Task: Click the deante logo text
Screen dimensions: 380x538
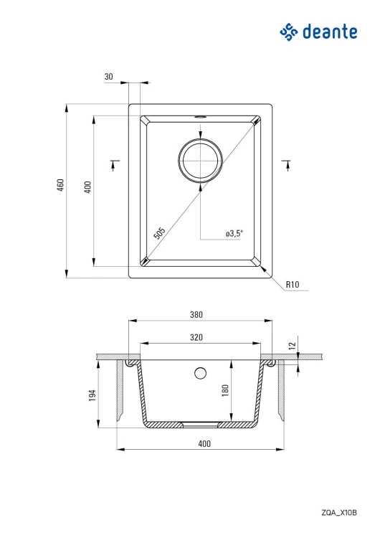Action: tap(330, 32)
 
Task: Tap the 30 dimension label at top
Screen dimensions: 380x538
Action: tap(109, 77)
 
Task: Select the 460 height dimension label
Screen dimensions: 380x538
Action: tap(60, 185)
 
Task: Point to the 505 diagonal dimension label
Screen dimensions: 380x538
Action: tap(159, 233)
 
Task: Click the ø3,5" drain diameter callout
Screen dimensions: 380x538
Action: tap(234, 234)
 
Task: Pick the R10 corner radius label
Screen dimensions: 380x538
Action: tap(293, 285)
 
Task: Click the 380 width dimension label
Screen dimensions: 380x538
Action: tap(196, 315)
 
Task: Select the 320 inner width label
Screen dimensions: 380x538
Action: tap(196, 338)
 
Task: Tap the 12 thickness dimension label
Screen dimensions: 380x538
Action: tap(293, 346)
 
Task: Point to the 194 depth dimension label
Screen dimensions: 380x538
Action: tap(92, 395)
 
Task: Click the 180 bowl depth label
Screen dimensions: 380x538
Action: tap(225, 390)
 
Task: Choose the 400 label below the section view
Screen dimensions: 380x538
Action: tap(204, 443)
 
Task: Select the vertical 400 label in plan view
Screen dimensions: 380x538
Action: tap(87, 187)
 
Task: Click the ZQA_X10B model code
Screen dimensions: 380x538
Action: tap(339, 513)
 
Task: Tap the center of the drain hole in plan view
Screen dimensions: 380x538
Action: tap(201, 160)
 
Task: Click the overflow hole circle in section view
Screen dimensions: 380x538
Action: tap(200, 373)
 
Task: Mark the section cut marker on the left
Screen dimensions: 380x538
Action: tap(114, 165)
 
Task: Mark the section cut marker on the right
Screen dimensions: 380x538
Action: tap(287, 165)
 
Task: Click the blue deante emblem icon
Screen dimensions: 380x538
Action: tap(289, 32)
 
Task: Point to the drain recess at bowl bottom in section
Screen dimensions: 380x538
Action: tap(200, 425)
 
